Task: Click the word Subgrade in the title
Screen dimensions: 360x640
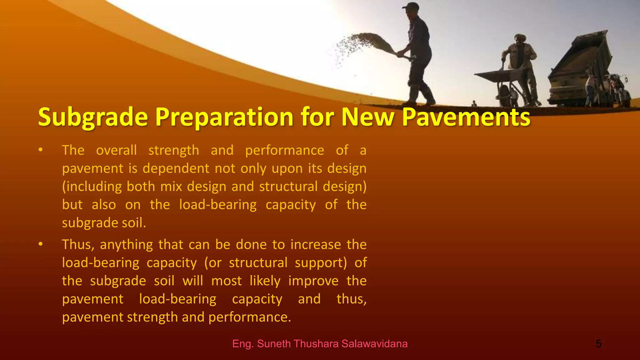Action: tap(93, 117)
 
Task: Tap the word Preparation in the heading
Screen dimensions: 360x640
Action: tap(224, 117)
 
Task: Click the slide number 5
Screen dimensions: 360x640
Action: tap(598, 344)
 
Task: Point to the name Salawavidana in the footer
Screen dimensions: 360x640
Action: tap(374, 344)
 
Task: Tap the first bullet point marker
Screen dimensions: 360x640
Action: tap(40, 150)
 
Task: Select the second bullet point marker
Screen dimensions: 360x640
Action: tap(40, 244)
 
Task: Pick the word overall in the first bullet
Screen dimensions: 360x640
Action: tap(116, 150)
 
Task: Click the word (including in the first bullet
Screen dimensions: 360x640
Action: tap(92, 187)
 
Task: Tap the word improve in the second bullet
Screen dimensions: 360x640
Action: tap(313, 281)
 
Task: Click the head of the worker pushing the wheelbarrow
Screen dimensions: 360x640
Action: tap(519, 39)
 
